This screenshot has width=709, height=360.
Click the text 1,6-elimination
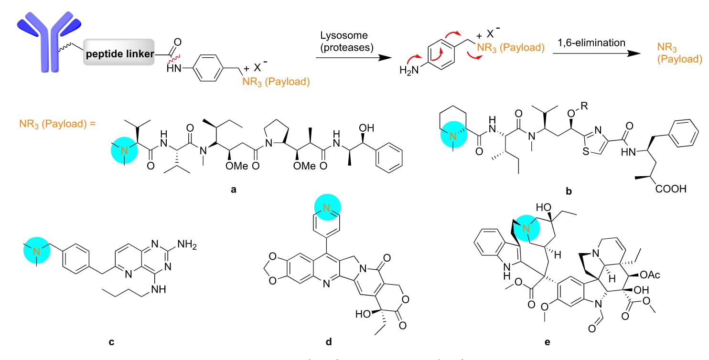click(x=591, y=42)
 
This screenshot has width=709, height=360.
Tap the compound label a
click(x=233, y=190)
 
